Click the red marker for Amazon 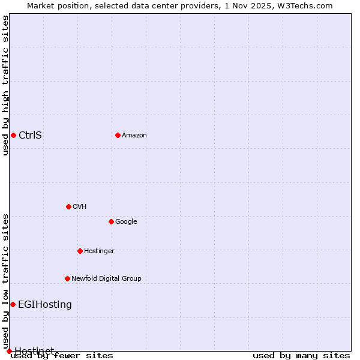pyautogui.click(x=118, y=135)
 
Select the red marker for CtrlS pyautogui.click(x=13, y=135)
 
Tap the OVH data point pyautogui.click(x=68, y=206)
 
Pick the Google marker pyautogui.click(x=111, y=221)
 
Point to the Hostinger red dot pyautogui.click(x=80, y=251)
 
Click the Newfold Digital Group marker pyautogui.click(x=67, y=278)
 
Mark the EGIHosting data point pyautogui.click(x=13, y=304)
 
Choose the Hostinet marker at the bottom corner pyautogui.click(x=9, y=351)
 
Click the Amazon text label pyautogui.click(x=134, y=135)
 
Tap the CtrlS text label pyautogui.click(x=30, y=135)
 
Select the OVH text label pyautogui.click(x=80, y=206)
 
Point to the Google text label pyautogui.click(x=126, y=221)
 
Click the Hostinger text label pyautogui.click(x=99, y=251)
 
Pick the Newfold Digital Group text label pyautogui.click(x=106, y=278)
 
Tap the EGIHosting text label pyautogui.click(x=45, y=304)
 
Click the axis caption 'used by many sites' pyautogui.click(x=301, y=355)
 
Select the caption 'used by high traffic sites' pyautogui.click(x=5, y=85)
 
